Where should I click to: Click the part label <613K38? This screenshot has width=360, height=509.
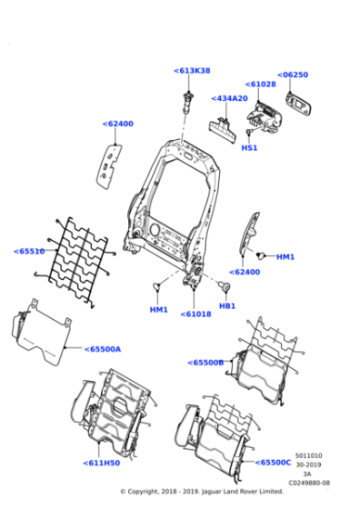191,70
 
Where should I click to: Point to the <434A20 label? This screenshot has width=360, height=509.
229,98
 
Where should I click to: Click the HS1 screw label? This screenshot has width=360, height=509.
249,147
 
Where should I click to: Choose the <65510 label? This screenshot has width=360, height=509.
29,251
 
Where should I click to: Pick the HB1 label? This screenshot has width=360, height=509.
227,305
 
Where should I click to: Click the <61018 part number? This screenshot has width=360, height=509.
195,314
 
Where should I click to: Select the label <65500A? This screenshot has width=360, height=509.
102,348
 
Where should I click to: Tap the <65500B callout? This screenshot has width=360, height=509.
205,363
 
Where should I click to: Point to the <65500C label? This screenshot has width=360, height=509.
273,462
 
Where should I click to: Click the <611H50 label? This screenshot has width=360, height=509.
101,463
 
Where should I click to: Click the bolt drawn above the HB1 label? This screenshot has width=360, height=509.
221,288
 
